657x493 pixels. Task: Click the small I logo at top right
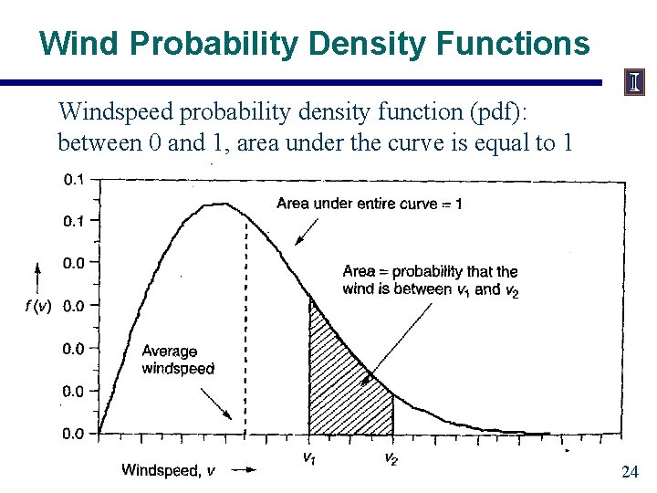[633, 83]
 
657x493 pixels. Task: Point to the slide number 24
[629, 472]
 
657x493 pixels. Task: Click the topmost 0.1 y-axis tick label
[74, 180]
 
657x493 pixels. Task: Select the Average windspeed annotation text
[178, 360]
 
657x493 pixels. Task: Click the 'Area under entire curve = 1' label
[369, 204]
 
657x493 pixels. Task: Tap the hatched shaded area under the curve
[342, 383]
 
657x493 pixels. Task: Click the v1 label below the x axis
[310, 458]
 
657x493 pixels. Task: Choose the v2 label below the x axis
[391, 458]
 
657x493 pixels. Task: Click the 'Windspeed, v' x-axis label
[169, 470]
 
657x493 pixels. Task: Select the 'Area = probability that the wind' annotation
[430, 279]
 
